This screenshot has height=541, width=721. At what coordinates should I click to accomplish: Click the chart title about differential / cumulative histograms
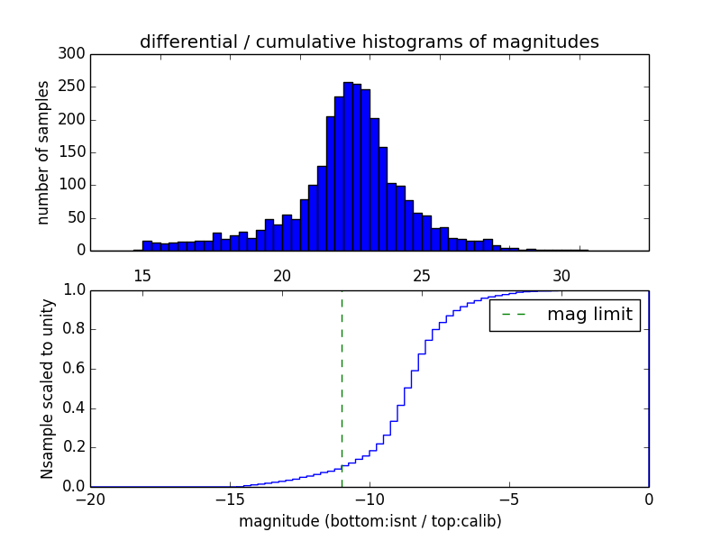coord(369,41)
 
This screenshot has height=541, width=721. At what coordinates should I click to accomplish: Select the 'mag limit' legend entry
coord(564,316)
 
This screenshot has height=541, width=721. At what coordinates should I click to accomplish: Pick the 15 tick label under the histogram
coord(142,275)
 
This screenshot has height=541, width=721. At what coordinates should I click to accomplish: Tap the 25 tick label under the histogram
coord(422,275)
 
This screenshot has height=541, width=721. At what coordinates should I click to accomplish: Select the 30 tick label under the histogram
coord(561,275)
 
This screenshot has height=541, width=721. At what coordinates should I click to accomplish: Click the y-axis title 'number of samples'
coord(43,152)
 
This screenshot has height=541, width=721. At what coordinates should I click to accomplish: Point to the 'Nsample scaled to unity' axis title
coord(47,389)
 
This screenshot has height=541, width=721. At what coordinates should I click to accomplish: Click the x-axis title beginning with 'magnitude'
coord(370,521)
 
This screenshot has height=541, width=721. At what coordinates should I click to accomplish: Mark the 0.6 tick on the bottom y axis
coord(75,369)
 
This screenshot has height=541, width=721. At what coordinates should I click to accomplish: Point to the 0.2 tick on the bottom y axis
coord(75,447)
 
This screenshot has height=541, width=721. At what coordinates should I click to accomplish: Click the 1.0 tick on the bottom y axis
coord(75,290)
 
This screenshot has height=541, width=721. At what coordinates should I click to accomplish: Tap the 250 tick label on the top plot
coord(74,87)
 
